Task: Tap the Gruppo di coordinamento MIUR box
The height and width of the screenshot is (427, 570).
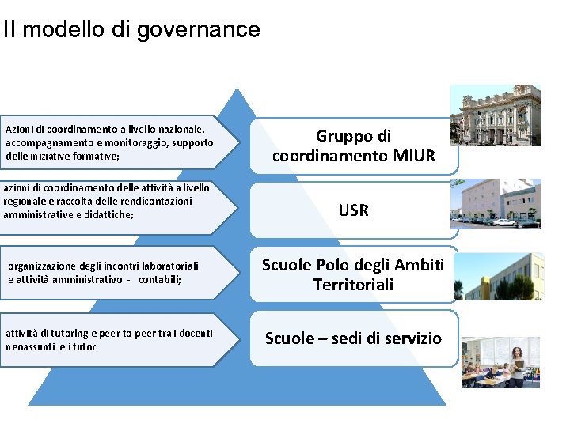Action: tap(353, 145)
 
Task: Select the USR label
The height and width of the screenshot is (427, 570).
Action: tap(353, 210)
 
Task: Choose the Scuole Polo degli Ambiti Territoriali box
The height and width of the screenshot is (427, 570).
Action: tap(353, 274)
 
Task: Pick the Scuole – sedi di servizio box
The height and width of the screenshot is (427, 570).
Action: tap(353, 338)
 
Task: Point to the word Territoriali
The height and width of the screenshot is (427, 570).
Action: tap(353, 285)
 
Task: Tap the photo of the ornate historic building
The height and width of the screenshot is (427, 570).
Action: tap(496, 115)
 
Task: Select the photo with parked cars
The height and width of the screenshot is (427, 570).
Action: tap(496, 204)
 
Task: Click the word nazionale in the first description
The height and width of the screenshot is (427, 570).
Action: tap(181, 128)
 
